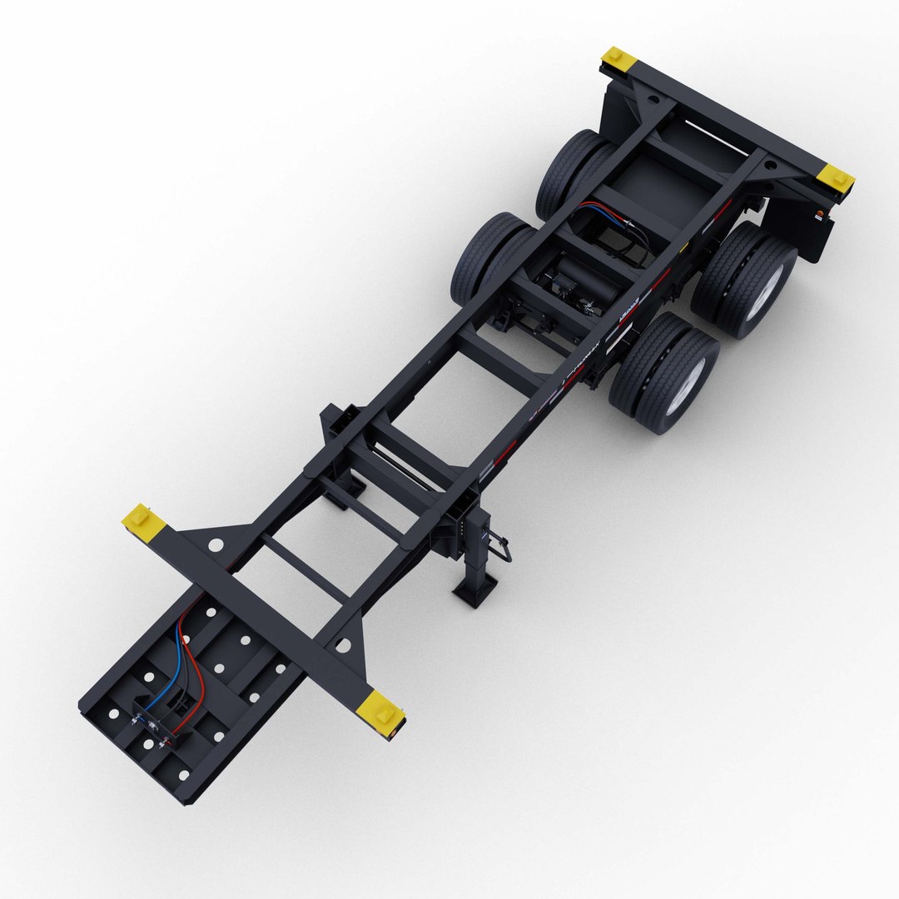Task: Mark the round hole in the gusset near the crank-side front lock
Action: (x=343, y=644)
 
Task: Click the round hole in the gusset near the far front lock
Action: (x=216, y=545)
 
